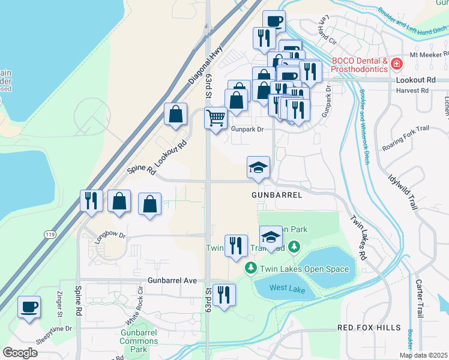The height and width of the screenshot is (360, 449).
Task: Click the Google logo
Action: [20, 353]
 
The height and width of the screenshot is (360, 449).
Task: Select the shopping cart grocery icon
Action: [215, 118]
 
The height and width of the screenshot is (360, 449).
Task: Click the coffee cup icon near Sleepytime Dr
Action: [29, 308]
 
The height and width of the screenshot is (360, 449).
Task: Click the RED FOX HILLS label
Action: [368, 327]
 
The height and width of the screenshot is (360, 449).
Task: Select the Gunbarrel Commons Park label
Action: [139, 341]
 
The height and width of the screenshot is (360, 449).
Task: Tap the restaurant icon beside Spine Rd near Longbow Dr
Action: [91, 201]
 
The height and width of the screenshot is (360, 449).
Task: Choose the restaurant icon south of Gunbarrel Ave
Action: [224, 295]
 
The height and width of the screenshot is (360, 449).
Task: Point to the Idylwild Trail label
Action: [402, 192]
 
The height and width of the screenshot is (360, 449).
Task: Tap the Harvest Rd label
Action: [412, 91]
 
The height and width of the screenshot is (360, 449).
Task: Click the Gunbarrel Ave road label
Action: [172, 280]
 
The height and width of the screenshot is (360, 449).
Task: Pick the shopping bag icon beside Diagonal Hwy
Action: [175, 114]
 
